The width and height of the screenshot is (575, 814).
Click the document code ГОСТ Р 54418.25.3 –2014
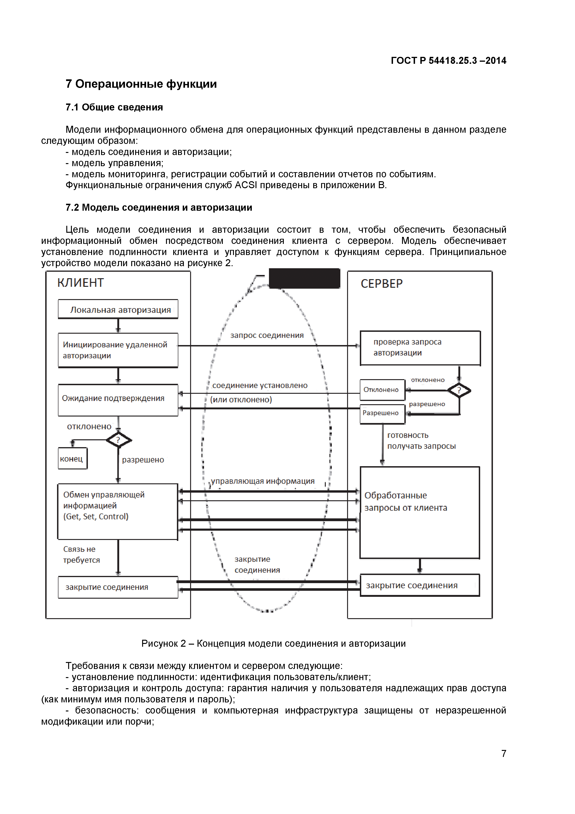click(448, 61)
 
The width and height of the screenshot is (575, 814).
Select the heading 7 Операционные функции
click(141, 84)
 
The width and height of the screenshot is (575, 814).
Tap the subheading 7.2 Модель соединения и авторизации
click(159, 207)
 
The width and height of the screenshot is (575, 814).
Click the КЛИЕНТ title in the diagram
click(80, 283)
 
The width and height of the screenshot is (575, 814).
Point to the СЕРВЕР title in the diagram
click(382, 284)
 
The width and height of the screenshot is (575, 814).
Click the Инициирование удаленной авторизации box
click(118, 350)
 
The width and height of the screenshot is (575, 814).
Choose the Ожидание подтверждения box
click(118, 400)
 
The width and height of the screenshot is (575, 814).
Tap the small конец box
click(72, 459)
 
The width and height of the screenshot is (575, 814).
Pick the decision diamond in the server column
click(459, 390)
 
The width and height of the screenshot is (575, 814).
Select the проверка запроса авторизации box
click(420, 348)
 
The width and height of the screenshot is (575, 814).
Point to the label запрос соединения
click(267, 335)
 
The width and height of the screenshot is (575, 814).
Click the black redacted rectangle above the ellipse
click(304, 278)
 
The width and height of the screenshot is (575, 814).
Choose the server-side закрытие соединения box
click(420, 585)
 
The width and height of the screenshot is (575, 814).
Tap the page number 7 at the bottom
click(503, 754)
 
